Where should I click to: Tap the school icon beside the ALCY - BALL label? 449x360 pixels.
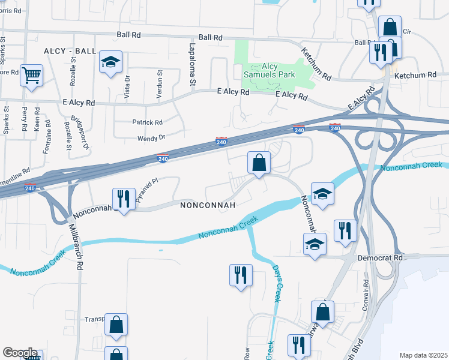click(110, 62)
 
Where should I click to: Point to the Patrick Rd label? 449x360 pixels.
click(147, 122)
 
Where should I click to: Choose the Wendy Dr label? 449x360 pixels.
click(151, 138)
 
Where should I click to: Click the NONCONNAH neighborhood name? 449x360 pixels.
click(207, 205)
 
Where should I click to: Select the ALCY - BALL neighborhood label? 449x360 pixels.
click(70, 52)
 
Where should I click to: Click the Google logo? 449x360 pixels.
click(20, 353)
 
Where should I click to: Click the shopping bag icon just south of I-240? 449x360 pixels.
click(259, 163)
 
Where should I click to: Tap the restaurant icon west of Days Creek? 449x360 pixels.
click(241, 275)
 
